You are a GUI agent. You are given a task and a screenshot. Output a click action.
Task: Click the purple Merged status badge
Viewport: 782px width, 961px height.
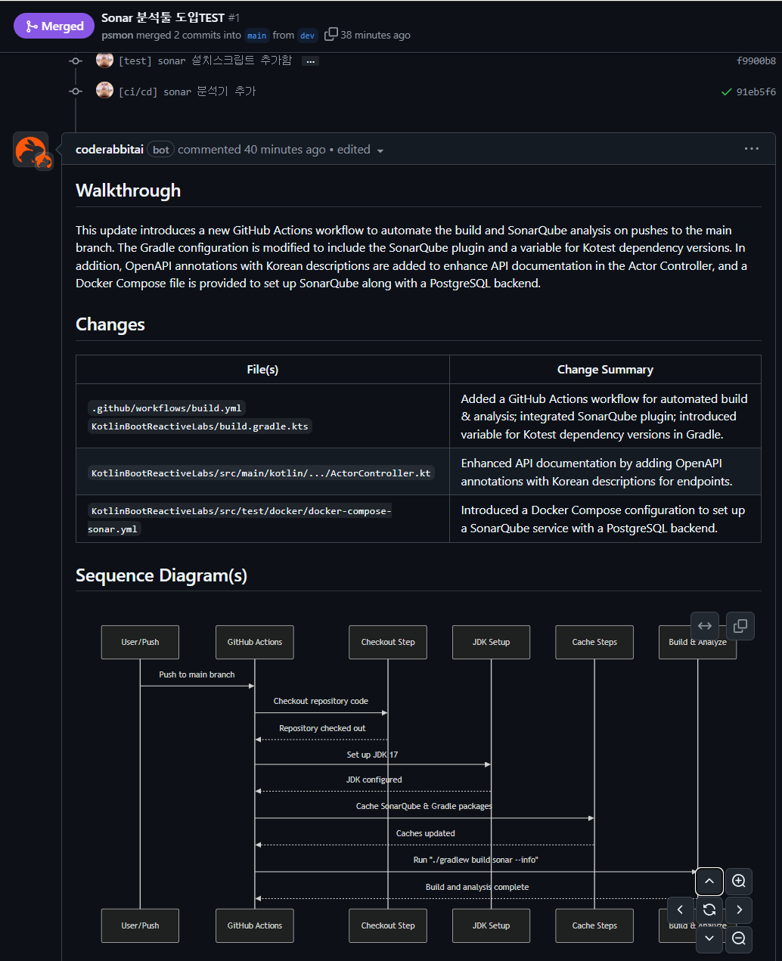54,26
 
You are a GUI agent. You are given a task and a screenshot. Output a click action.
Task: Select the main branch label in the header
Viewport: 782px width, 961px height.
257,36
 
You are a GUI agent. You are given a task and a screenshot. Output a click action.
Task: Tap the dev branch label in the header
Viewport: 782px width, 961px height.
307,36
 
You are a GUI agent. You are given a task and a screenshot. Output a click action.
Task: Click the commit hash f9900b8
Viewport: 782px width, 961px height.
756,60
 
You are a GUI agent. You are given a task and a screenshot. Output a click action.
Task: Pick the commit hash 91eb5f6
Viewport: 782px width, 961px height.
756,91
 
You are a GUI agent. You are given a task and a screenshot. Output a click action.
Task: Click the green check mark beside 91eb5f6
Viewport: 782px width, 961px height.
726,91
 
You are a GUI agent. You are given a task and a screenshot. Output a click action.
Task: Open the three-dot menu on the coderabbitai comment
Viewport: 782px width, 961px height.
751,149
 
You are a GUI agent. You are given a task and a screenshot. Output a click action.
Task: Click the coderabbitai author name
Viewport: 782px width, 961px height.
110,150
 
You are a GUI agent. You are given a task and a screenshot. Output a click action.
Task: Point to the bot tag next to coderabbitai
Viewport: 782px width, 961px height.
161,150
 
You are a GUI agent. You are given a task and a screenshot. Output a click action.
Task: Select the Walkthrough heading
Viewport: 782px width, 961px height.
128,191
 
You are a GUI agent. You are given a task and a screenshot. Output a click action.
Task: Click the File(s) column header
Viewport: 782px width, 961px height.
262,370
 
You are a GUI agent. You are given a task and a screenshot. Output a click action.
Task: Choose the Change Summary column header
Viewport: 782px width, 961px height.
605,370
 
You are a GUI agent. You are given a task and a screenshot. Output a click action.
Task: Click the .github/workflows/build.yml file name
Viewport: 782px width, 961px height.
166,408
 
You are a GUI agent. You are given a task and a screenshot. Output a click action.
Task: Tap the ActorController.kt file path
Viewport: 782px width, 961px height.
261,473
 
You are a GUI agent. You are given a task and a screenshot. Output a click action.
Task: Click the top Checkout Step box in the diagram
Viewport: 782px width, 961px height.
388,642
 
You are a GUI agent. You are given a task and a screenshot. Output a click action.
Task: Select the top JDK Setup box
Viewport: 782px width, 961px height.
491,642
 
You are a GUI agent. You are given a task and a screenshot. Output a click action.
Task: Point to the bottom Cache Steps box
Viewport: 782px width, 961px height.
594,925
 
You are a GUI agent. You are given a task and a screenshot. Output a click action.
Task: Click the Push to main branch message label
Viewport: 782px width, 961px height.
197,674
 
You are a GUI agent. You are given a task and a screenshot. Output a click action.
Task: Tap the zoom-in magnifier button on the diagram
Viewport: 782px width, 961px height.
739,881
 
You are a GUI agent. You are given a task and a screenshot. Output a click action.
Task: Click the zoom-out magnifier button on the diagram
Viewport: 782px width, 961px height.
739,938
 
